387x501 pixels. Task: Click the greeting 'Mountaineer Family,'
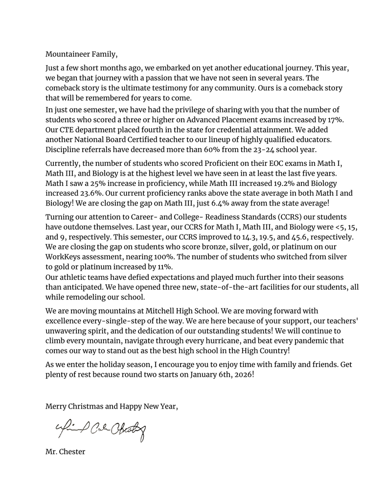(81, 54)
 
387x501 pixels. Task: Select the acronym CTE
(67, 130)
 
